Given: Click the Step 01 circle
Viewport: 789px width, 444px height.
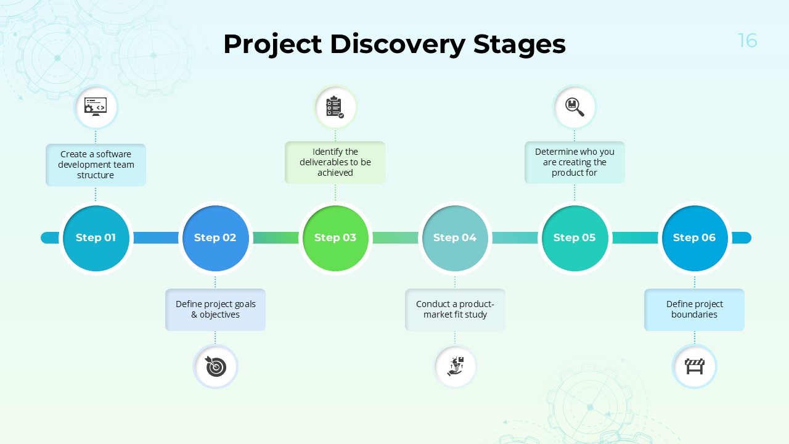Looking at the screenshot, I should [96, 238].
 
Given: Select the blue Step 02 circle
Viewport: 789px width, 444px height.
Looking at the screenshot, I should [216, 238].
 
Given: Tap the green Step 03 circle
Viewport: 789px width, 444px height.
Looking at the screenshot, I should [335, 238].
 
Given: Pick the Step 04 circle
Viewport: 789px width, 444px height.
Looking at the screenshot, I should [455, 238].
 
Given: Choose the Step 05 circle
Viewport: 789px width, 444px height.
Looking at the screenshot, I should [574, 238].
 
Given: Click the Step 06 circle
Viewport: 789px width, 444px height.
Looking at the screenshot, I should [694, 238].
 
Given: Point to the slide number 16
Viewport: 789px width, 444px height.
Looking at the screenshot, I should [747, 41].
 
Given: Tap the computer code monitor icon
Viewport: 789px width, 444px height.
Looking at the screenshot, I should [96, 107].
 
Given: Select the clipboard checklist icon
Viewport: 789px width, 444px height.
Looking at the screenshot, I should [335, 107].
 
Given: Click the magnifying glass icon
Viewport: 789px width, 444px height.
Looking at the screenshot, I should [574, 107].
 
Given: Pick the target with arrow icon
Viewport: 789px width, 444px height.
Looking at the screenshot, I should [215, 366].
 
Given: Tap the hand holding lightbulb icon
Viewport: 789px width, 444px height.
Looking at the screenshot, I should [455, 366].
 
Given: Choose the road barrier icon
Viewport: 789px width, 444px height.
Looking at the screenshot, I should [694, 366].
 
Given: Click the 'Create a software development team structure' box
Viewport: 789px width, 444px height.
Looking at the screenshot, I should [96, 165].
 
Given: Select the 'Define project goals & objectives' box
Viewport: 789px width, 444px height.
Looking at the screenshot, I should [215, 310].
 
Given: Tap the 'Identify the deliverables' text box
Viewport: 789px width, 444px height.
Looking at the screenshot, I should [335, 162].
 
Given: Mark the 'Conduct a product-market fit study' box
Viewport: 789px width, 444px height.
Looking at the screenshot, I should [455, 310].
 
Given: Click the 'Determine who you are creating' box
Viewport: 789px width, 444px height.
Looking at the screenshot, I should [574, 162].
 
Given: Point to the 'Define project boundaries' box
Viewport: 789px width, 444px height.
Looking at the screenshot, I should [694, 310].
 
